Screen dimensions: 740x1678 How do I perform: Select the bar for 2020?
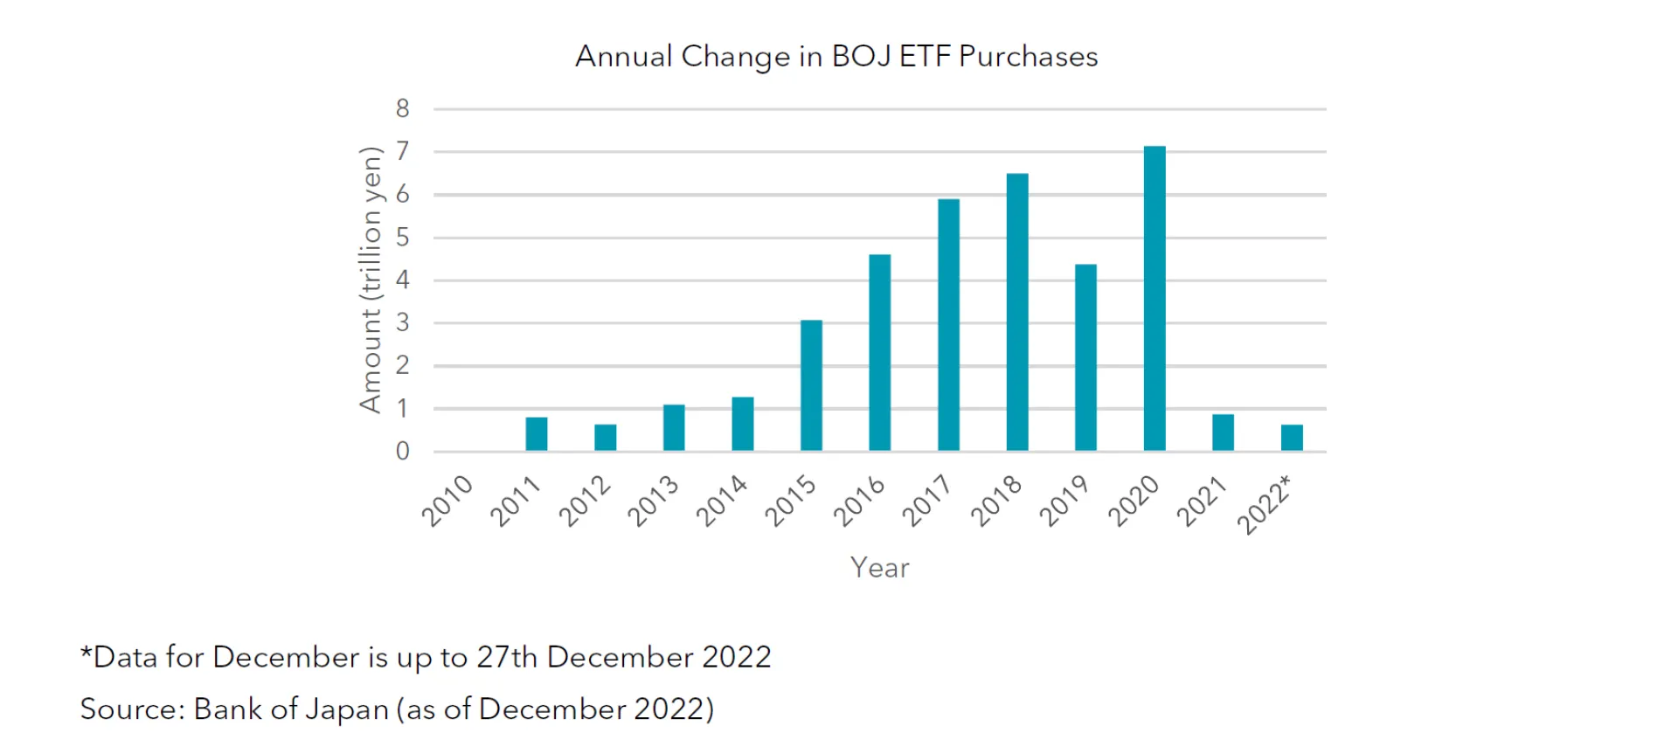1154,299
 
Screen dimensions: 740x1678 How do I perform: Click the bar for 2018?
1016,313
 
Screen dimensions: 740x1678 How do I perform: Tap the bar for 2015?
811,385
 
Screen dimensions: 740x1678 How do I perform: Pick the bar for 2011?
536,434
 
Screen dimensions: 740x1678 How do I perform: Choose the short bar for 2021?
1223,432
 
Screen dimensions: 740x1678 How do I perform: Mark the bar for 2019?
1085,357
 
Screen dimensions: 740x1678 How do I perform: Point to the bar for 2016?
879,353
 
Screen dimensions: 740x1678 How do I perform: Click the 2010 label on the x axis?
447,501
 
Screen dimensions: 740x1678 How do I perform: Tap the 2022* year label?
1265,505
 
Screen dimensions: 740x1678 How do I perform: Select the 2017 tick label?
927,501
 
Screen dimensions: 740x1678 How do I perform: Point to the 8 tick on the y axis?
402,109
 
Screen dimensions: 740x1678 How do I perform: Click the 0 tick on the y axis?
402,452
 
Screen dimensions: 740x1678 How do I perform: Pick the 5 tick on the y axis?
402,238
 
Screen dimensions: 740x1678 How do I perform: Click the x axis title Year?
879,568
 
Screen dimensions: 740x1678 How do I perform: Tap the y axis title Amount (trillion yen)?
371,280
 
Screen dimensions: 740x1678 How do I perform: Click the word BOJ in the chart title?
861,57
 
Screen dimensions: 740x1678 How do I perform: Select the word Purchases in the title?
1028,57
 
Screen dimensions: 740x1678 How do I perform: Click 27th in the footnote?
507,657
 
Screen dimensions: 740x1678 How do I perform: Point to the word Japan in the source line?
347,709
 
